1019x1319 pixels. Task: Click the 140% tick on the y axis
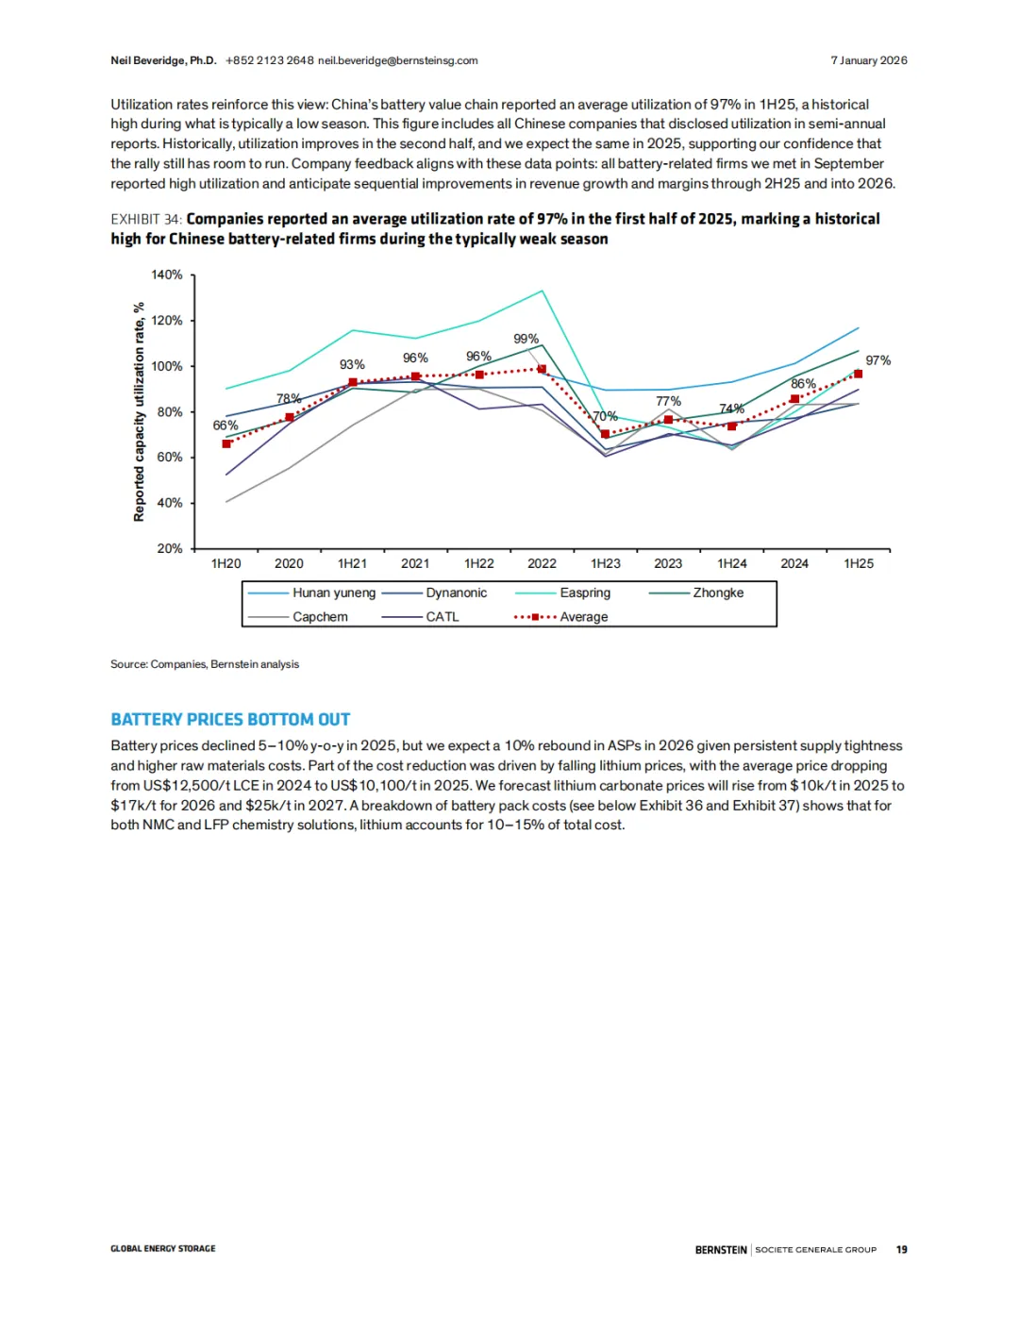tap(167, 275)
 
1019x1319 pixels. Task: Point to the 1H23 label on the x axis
tap(606, 563)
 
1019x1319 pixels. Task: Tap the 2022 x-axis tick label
tap(542, 563)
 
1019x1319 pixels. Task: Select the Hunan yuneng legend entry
tap(333, 593)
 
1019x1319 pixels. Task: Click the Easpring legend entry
tap(585, 593)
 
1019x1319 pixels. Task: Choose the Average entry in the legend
tap(583, 617)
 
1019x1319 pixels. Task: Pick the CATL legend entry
tap(442, 617)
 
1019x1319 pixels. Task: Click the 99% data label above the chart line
tap(526, 339)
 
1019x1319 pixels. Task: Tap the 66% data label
tap(226, 426)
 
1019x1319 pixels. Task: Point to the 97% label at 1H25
tap(877, 360)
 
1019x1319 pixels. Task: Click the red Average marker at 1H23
tap(606, 434)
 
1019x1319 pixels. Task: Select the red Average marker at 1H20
tap(226, 443)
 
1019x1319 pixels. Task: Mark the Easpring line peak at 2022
tap(542, 291)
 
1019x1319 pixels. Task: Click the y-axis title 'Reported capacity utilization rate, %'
tap(139, 411)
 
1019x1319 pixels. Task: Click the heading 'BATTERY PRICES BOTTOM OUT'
tap(230, 720)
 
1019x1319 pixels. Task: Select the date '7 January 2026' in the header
tap(868, 60)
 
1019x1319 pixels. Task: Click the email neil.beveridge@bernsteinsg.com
tap(397, 60)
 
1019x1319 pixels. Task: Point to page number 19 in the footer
tap(901, 1249)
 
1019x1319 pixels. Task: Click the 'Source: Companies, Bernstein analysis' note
tap(205, 664)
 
